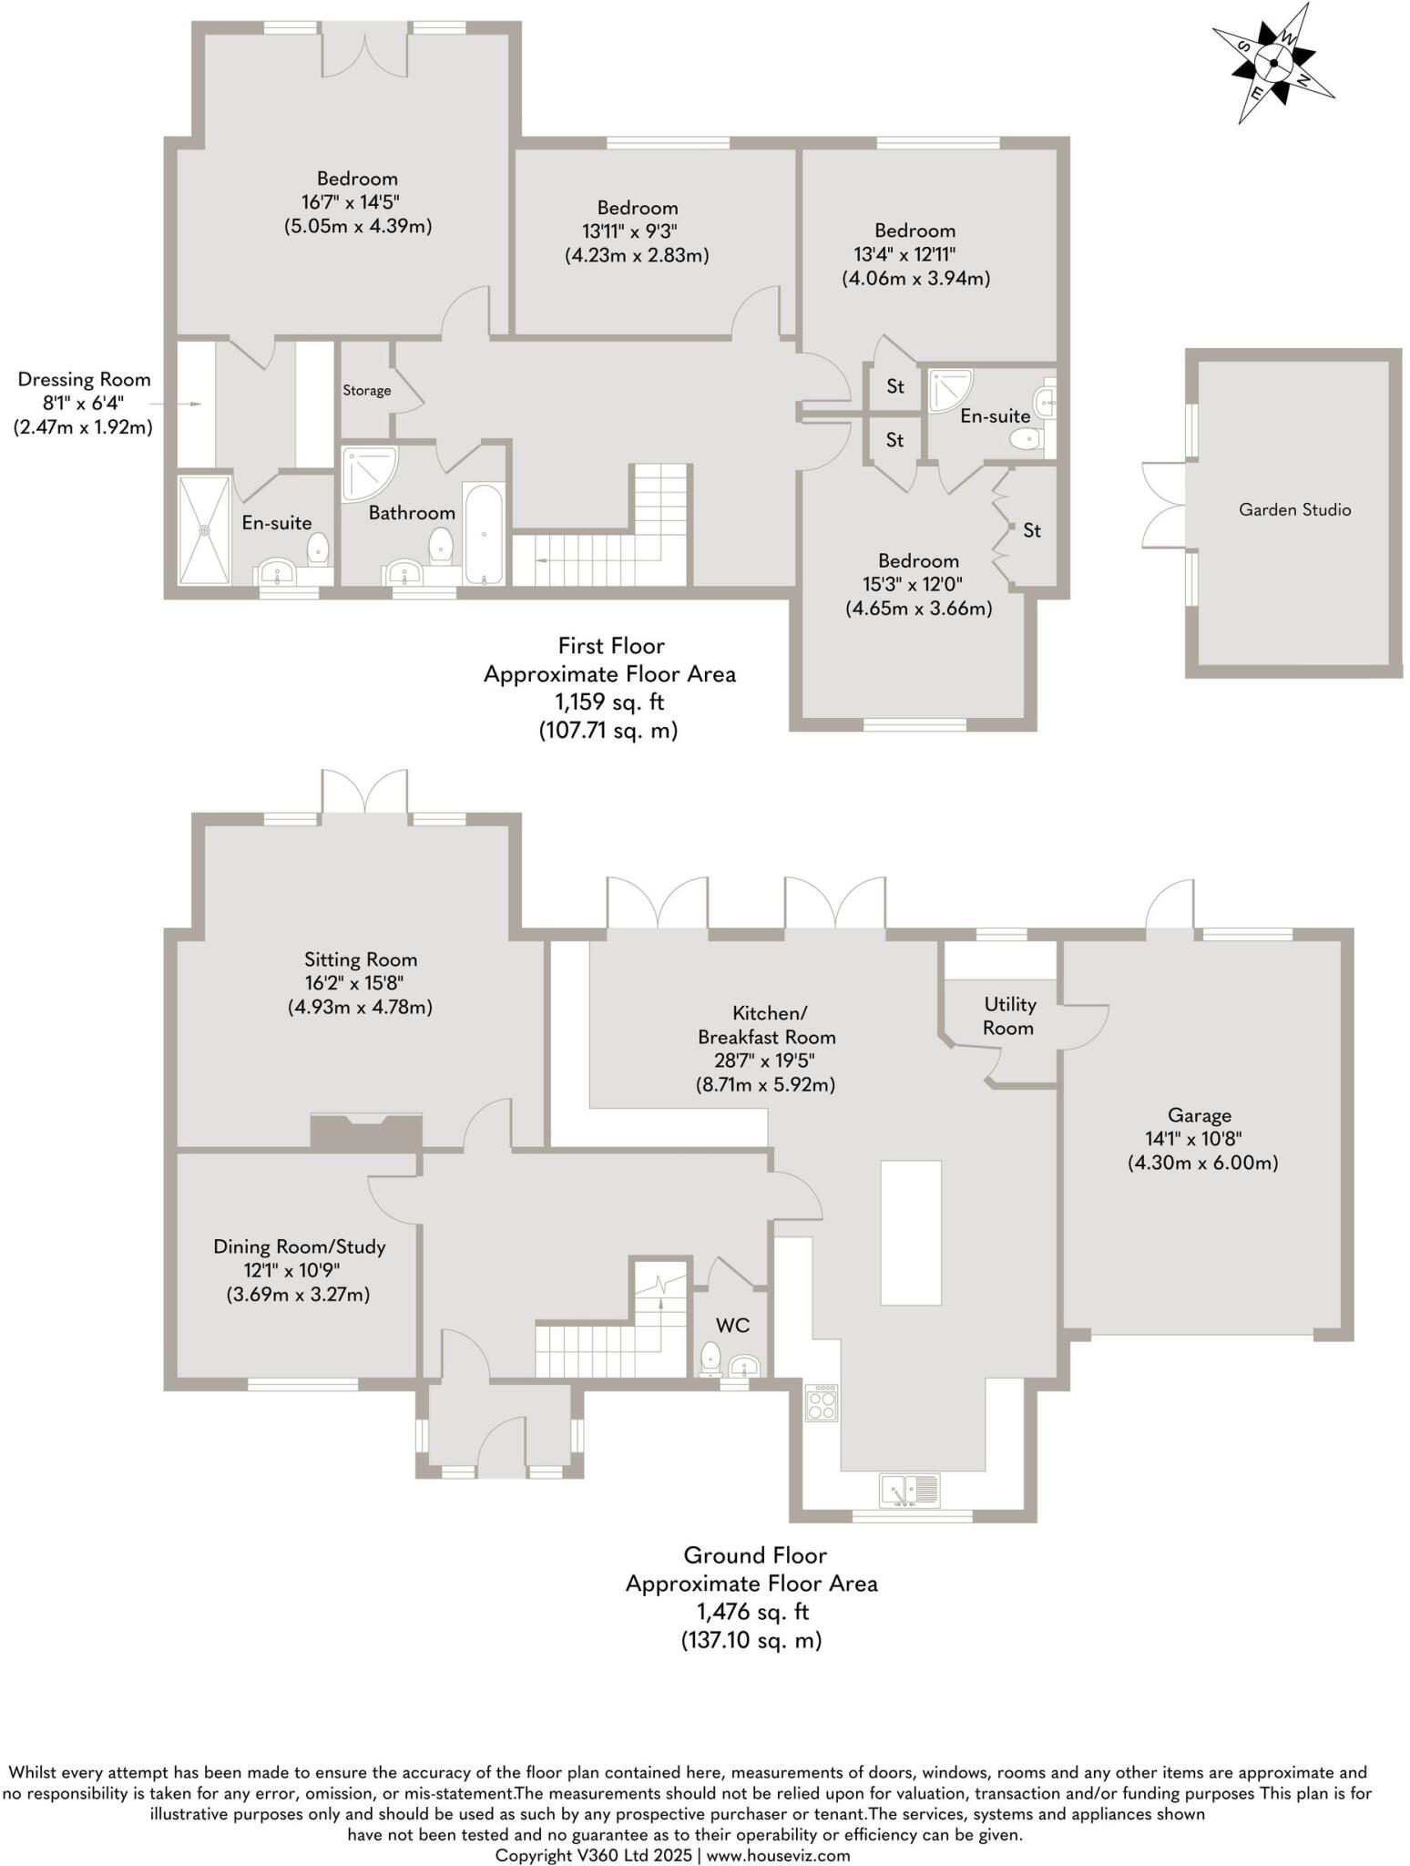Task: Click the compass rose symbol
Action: pos(1273,63)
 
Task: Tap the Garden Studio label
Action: pos(1293,510)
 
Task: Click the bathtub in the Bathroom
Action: pos(483,534)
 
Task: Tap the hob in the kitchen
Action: pos(822,1401)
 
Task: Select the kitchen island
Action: pos(911,1232)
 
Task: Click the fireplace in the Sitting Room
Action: pos(367,1131)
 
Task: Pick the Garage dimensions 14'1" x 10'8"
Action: pos(1200,1139)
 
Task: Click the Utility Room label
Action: pos(1009,1016)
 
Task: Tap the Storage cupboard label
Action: pos(366,391)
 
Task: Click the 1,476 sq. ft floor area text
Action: pos(751,1612)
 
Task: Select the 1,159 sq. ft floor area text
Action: pos(609,702)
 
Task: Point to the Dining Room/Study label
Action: pos(300,1246)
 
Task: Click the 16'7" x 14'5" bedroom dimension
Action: pos(357,202)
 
